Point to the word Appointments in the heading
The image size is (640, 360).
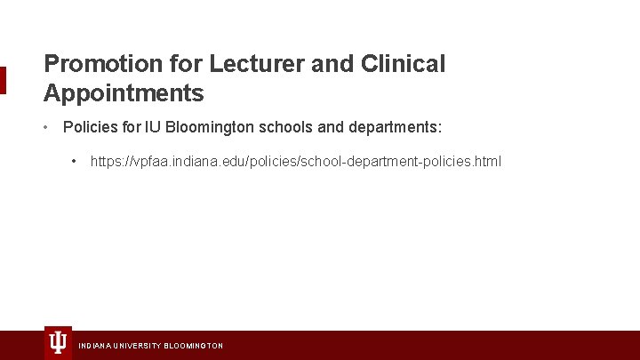click(124, 92)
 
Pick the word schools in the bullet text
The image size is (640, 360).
click(285, 127)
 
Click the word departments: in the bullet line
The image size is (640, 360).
click(394, 127)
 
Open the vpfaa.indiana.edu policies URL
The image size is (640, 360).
click(295, 161)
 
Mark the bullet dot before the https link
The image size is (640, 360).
click(75, 161)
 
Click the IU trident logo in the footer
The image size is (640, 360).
click(58, 342)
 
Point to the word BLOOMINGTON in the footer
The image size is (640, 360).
click(194, 345)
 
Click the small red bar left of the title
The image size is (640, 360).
click(3, 80)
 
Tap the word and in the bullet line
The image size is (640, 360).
click(330, 127)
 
